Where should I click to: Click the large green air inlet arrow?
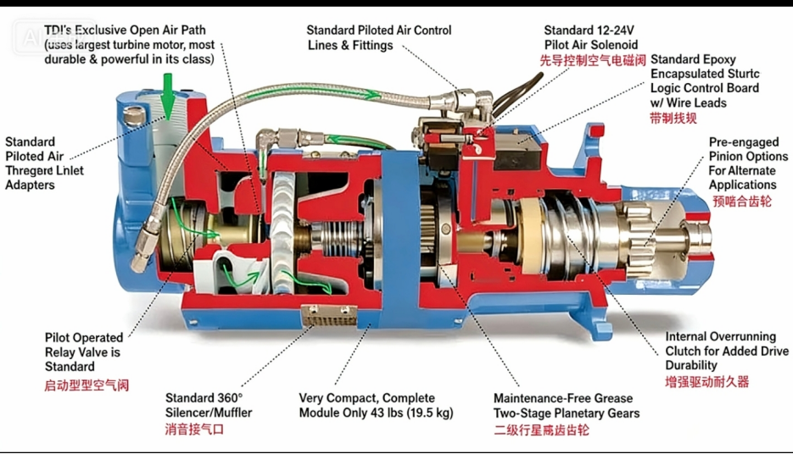point(168,95)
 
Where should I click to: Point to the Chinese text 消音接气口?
point(194,429)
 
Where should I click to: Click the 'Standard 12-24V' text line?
point(589,30)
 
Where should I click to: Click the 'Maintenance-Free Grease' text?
point(563,398)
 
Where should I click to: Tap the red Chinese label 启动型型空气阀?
point(87,385)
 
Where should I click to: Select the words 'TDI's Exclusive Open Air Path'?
point(125,30)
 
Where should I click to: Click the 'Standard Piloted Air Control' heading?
point(378,30)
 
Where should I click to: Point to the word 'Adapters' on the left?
point(30,185)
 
